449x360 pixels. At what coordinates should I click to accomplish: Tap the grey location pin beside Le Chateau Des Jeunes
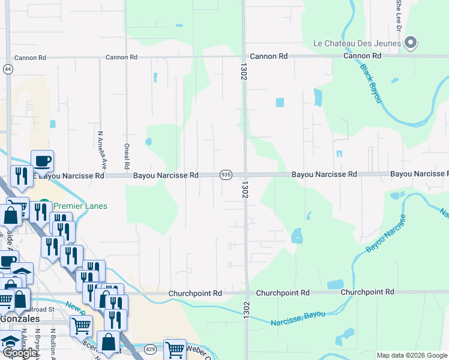(x=411, y=42)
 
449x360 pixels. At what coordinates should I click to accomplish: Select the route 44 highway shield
(x=8, y=70)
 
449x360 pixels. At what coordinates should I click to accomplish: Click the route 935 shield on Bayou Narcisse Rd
(x=226, y=175)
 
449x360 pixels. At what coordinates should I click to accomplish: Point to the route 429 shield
(x=149, y=348)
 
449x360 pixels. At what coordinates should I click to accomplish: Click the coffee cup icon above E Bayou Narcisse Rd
(x=42, y=161)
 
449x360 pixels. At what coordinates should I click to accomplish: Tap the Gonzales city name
(x=19, y=319)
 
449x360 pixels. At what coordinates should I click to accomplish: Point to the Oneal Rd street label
(x=127, y=156)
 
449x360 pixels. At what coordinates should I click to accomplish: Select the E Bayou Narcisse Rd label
(x=68, y=175)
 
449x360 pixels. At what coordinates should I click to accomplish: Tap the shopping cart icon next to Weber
(x=175, y=349)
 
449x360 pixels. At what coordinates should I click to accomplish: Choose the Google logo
(x=20, y=353)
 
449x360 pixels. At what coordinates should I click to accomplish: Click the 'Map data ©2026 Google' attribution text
(x=412, y=355)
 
